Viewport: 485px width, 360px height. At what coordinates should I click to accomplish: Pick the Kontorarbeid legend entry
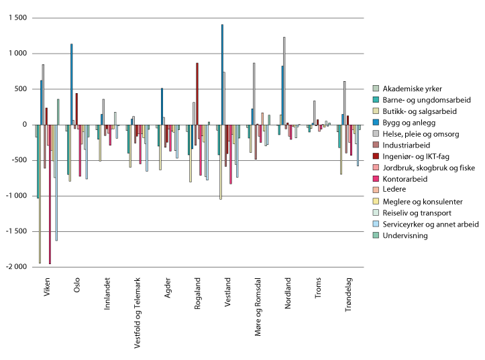click(409, 179)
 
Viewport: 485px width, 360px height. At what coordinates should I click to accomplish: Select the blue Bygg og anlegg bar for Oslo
click(71, 84)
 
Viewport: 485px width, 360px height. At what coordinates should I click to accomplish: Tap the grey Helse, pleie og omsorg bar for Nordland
click(284, 80)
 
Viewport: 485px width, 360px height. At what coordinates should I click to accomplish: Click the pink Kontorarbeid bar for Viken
click(50, 194)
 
